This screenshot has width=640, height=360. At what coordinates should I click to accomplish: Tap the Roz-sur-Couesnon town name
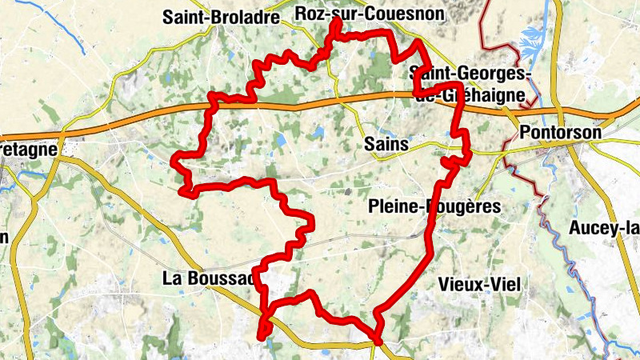point(369,14)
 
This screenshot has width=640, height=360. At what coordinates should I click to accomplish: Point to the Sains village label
point(386,145)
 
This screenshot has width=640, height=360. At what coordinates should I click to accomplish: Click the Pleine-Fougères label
point(434,206)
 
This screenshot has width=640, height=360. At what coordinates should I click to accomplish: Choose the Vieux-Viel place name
point(479,284)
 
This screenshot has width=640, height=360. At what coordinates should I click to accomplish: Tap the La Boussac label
point(208,278)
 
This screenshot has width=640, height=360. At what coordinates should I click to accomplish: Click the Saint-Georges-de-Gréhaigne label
point(470,84)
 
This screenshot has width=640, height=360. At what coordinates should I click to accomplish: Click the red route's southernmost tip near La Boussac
point(263,336)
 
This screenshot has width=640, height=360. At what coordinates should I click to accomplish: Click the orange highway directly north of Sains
point(376,97)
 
